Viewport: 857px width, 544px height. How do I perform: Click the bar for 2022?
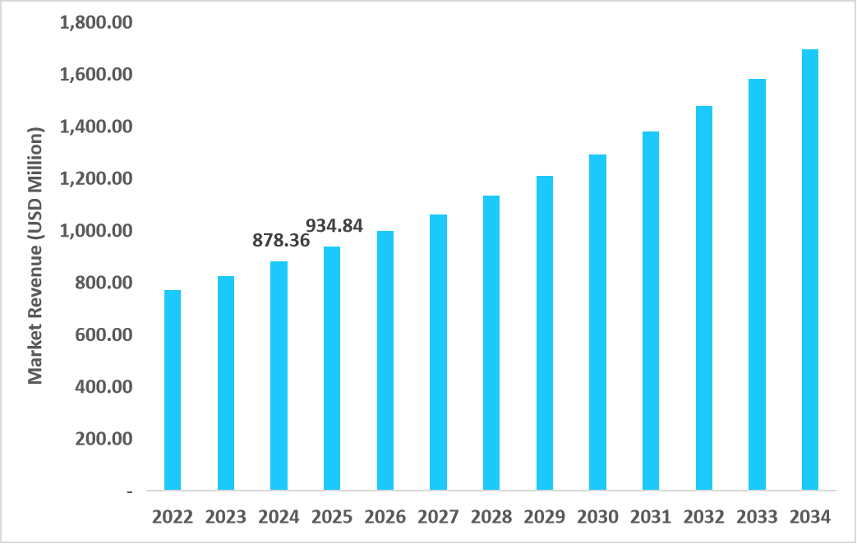[173, 390]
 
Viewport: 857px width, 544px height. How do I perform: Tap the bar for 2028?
[491, 343]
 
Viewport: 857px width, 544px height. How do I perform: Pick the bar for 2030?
[597, 322]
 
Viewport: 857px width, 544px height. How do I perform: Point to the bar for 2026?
[385, 361]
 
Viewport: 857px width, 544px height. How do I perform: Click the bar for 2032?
[704, 298]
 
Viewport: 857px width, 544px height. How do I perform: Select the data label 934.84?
[334, 225]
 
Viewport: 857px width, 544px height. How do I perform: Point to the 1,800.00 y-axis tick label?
[96, 23]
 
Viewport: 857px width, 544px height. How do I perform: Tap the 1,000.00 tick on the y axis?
[96, 231]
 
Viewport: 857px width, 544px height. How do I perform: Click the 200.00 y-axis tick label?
[104, 439]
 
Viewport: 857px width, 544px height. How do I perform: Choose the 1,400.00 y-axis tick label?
[96, 127]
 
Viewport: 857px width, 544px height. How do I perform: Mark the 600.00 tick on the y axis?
[104, 334]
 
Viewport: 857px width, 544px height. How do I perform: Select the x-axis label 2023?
[226, 517]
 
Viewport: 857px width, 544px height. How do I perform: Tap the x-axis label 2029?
[545, 517]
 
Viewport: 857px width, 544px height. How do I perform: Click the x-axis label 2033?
[757, 517]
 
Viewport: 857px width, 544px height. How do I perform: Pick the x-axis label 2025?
[332, 517]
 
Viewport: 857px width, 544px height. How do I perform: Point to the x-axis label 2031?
[651, 517]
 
